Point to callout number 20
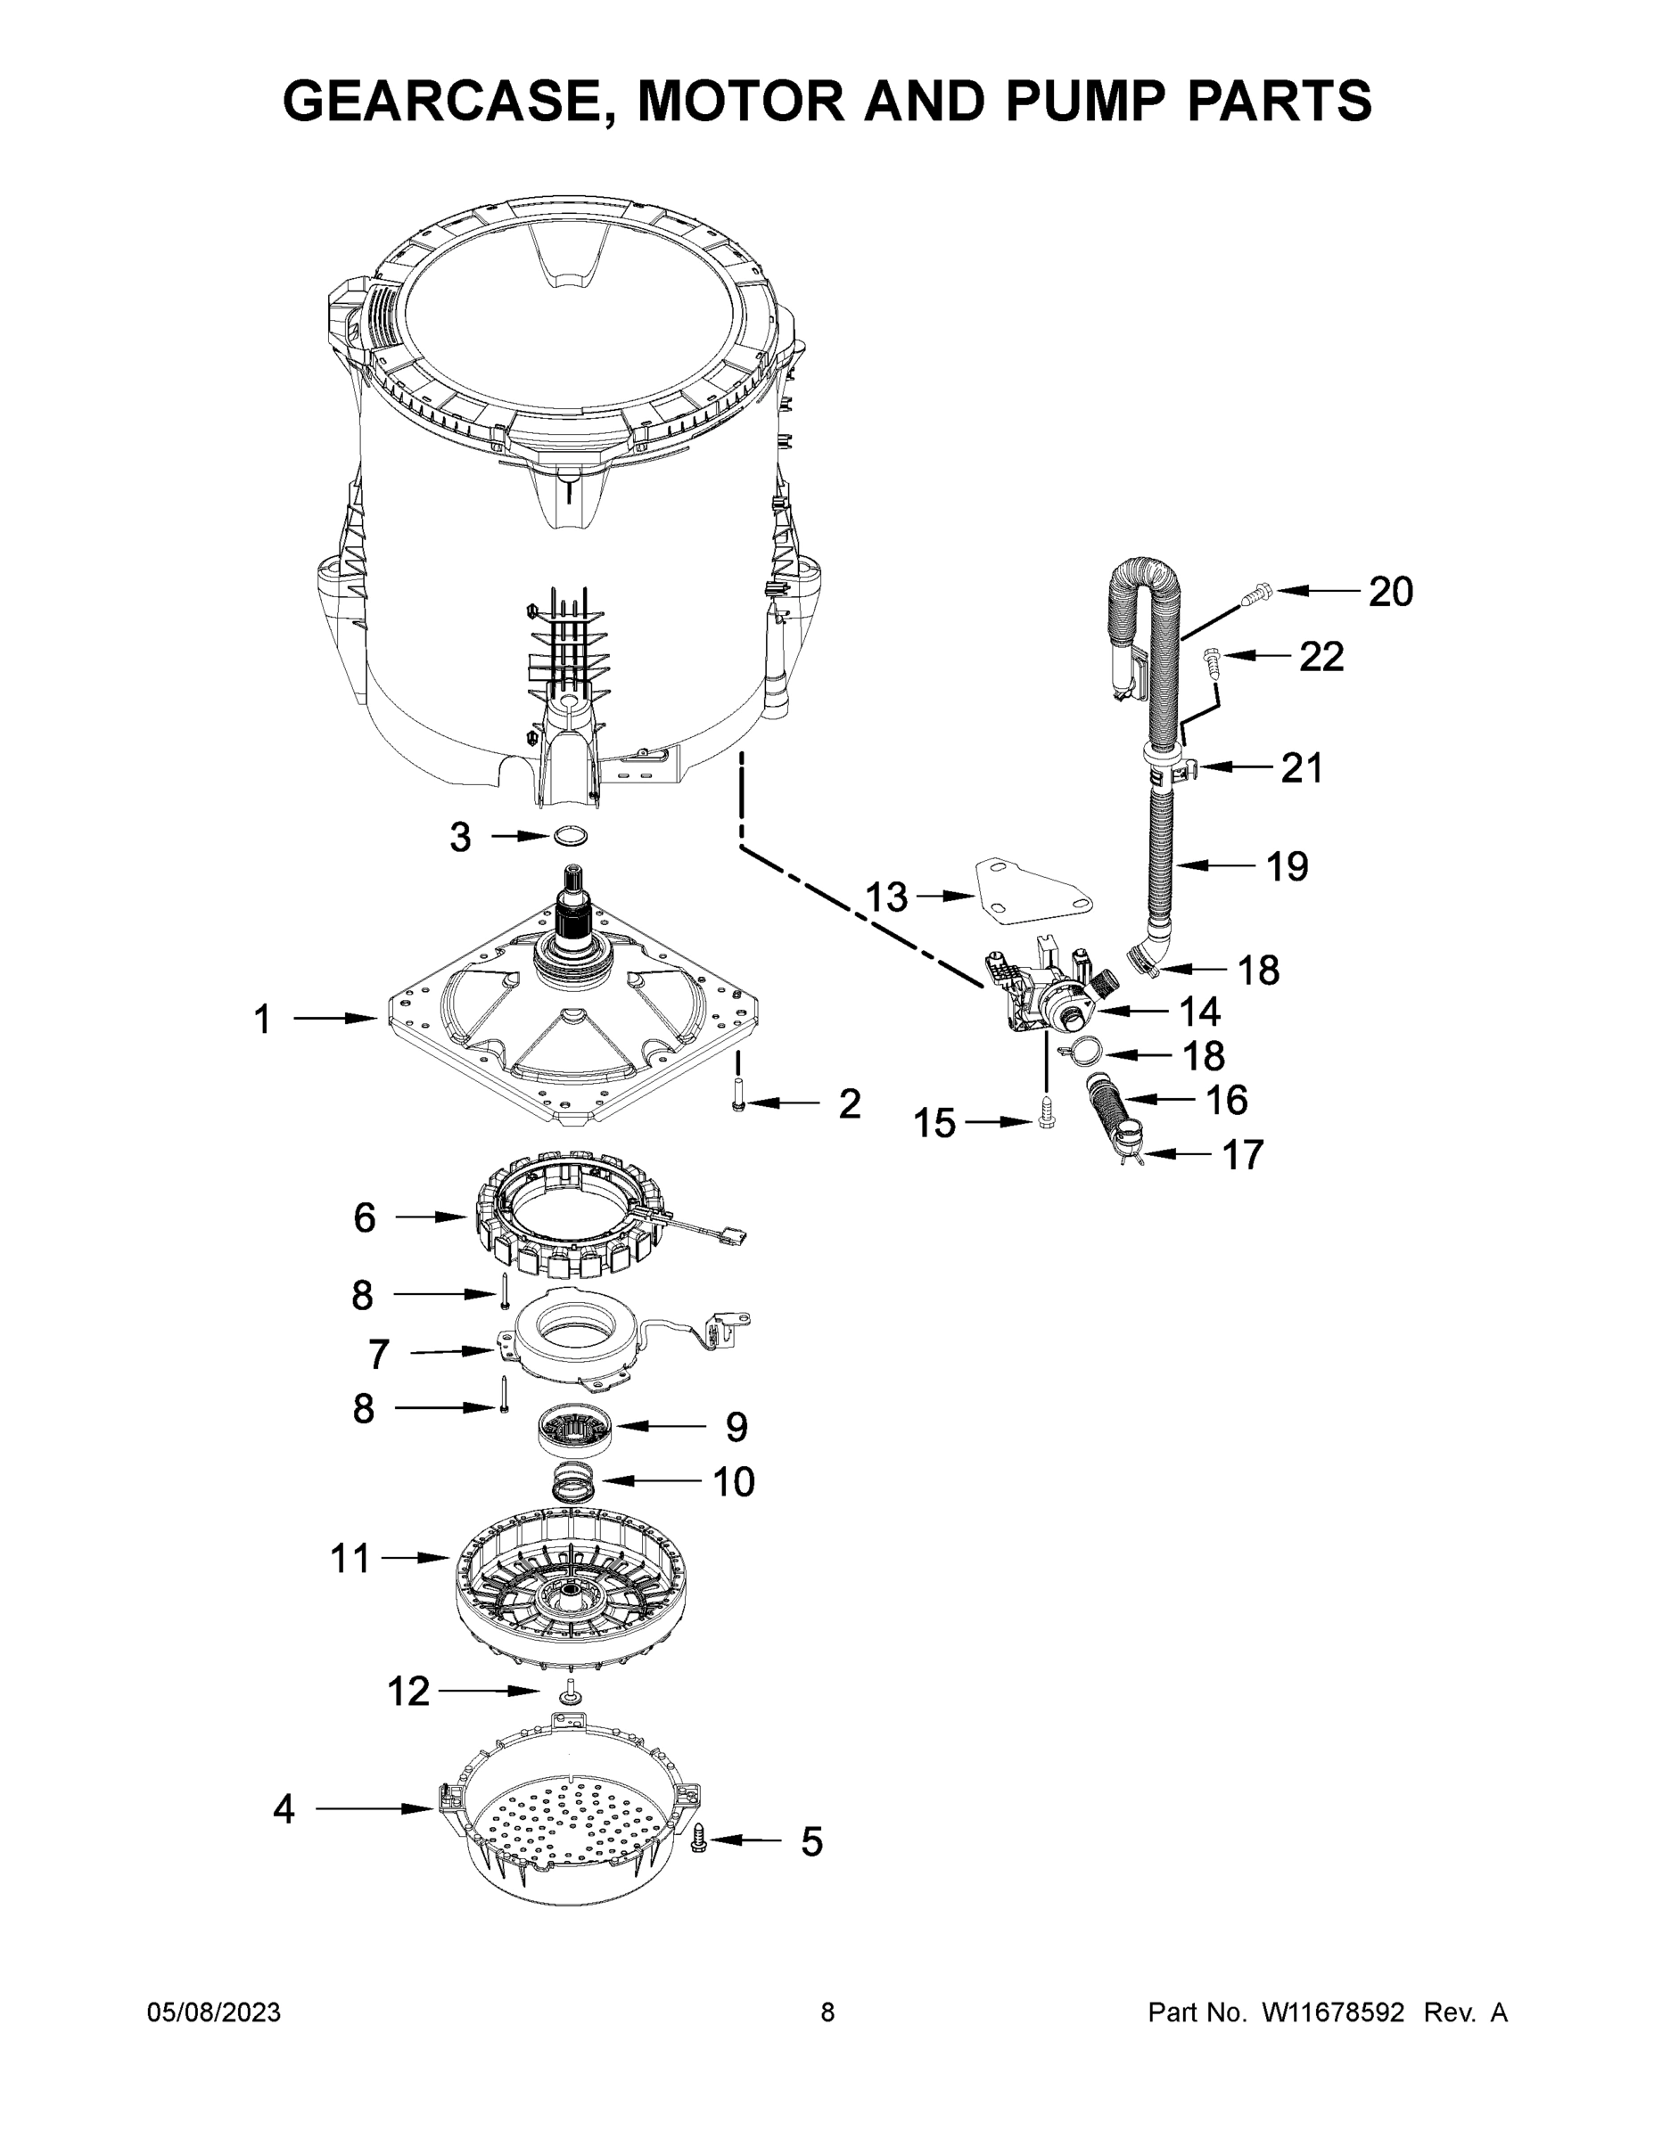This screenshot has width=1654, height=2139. coord(1389,592)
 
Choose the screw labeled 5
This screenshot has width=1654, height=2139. coord(700,1840)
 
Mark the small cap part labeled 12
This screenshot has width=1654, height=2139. coord(569,1692)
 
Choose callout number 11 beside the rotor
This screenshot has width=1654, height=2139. coord(350,1557)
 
